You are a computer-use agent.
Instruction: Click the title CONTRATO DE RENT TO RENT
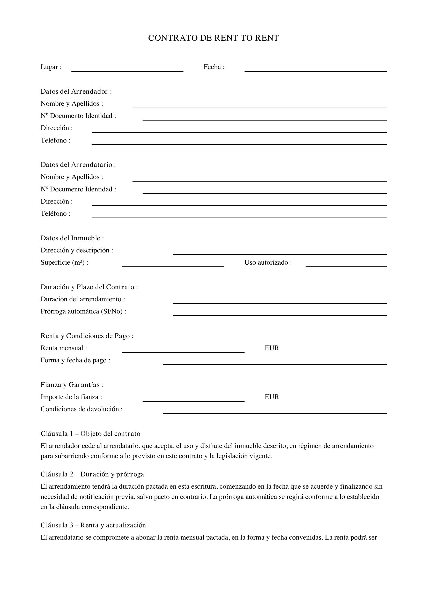pos(213,38)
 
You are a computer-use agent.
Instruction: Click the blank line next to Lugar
pos(127,69)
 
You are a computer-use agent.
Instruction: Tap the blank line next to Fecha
pos(315,69)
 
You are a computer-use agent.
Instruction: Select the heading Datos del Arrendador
pos(76,91)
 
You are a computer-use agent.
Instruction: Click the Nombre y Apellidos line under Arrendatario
pos(259,179)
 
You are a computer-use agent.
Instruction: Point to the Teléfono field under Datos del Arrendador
pos(239,142)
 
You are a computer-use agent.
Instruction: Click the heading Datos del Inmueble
pos(72,238)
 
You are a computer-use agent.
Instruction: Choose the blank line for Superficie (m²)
pos(173,265)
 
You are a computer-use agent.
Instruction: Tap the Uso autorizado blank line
pos(346,265)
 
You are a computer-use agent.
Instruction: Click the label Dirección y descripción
pos(77,250)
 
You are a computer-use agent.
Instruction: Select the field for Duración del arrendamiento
pos(280,301)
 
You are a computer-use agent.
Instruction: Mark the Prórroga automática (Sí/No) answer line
pos(280,313)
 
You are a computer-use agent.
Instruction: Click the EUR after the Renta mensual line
pos(272,348)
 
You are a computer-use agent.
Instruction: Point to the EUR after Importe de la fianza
pos(272,397)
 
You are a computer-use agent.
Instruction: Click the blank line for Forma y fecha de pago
pos(275,362)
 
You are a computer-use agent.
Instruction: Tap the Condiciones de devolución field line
pos(275,411)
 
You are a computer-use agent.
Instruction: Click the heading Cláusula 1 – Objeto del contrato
pos(90,434)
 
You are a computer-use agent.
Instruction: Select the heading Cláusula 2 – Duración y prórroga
pos(92,474)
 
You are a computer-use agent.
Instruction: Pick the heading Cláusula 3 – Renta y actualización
pos(93,525)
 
